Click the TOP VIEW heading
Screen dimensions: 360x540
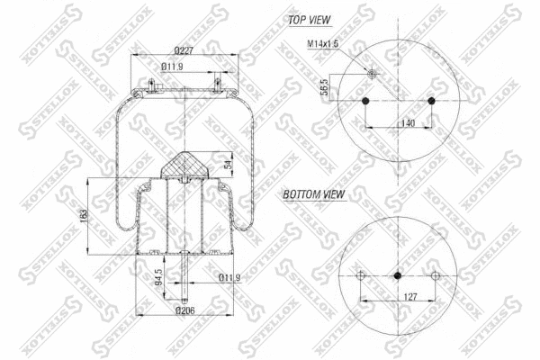tap(309, 19)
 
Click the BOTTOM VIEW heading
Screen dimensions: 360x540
tap(315, 193)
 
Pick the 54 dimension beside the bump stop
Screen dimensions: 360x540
tap(227, 163)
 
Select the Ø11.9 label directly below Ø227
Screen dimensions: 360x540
tap(174, 67)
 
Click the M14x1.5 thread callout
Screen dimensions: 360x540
tap(321, 44)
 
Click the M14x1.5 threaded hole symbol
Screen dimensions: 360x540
tap(371, 74)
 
